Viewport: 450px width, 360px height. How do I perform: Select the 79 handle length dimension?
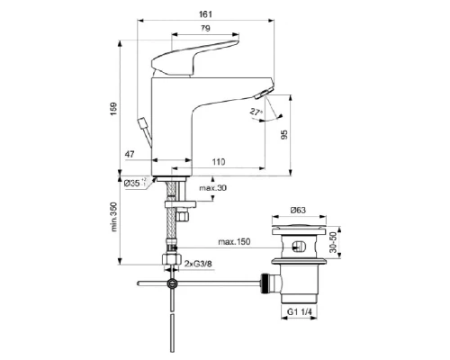tap(205, 30)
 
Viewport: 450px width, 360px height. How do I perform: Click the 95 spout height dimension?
tap(285, 136)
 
